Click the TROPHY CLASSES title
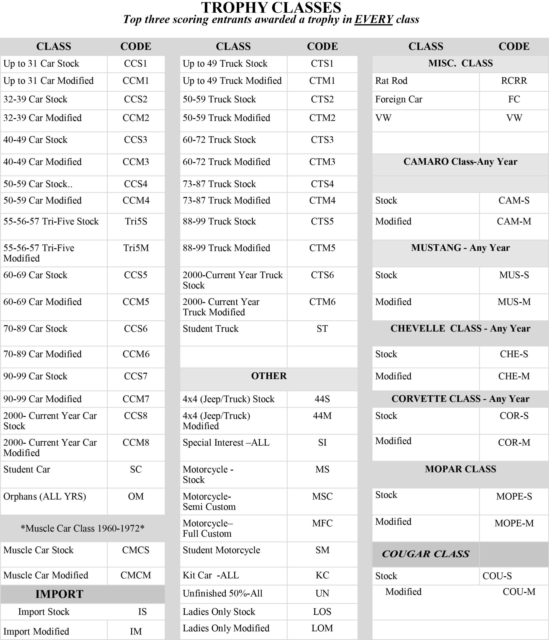(271, 7)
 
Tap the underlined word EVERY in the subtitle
(373, 19)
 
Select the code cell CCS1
(136, 64)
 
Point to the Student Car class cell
(27, 469)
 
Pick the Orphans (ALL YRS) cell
(45, 496)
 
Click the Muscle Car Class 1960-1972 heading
(83, 528)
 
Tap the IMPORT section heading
(59, 594)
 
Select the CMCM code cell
(136, 575)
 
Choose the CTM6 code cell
(322, 302)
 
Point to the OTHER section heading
(269, 376)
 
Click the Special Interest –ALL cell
(226, 443)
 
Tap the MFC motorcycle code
(322, 523)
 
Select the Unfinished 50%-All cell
(222, 593)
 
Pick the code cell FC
(514, 99)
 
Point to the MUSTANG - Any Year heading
(460, 248)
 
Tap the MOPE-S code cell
(514, 496)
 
